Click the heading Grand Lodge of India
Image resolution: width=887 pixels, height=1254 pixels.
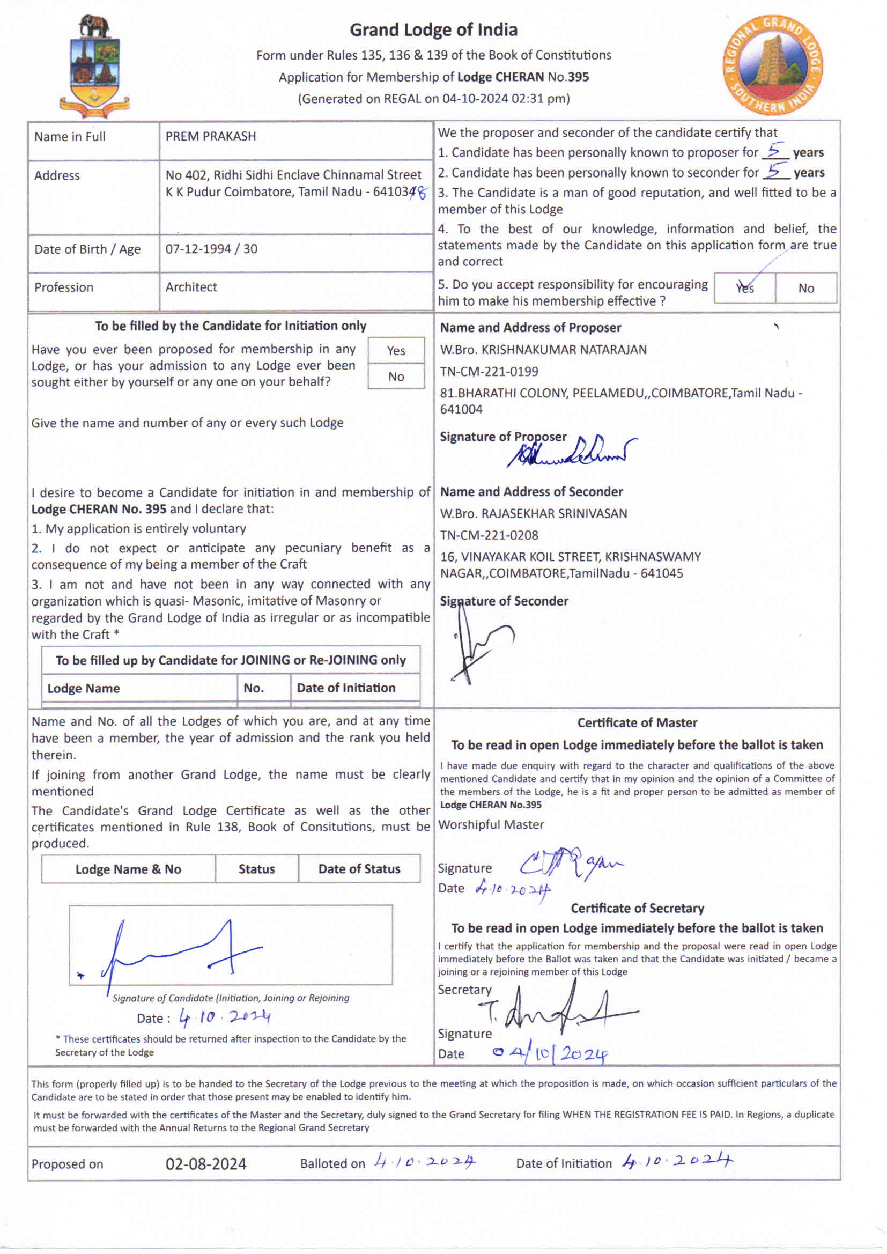click(x=434, y=29)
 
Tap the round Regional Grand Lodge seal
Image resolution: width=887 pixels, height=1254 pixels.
click(x=773, y=65)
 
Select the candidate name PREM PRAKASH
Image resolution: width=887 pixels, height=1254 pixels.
click(x=210, y=137)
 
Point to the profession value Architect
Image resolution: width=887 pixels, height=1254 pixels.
click(x=191, y=287)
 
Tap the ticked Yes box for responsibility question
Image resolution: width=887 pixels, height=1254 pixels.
click(x=744, y=288)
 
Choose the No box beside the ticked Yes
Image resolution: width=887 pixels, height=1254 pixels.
click(x=805, y=289)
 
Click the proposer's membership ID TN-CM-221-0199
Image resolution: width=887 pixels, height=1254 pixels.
click(x=489, y=372)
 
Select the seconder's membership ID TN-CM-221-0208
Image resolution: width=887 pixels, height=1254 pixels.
click(x=489, y=536)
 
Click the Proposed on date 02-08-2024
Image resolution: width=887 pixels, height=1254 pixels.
click(x=206, y=1164)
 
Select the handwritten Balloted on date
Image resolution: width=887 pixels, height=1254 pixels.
click(x=424, y=1162)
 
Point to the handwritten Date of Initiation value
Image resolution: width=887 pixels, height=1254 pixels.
click(x=677, y=1161)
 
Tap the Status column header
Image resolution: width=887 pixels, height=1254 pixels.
click(x=256, y=869)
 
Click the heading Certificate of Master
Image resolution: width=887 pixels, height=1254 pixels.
click(x=637, y=722)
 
